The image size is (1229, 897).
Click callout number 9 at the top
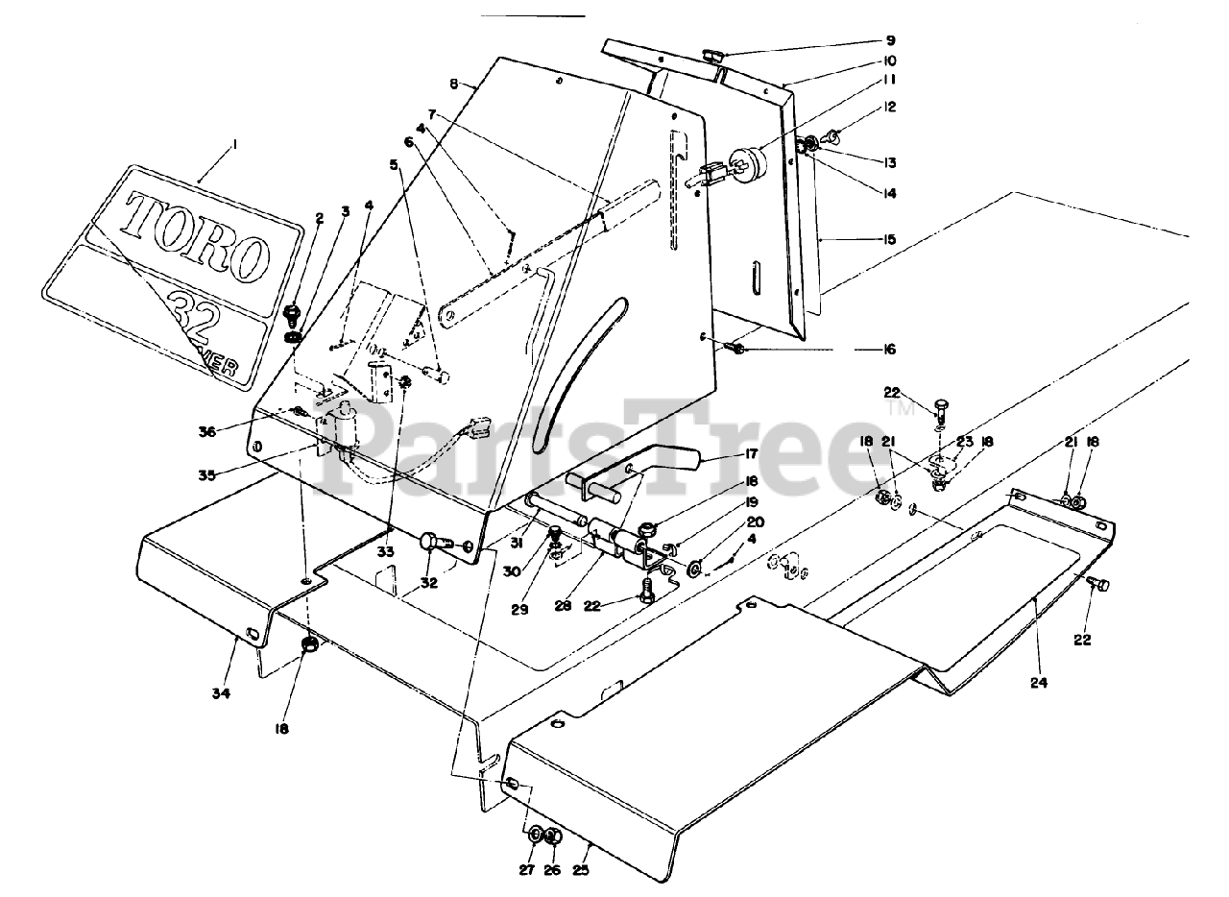(x=890, y=41)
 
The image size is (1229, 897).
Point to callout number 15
(x=890, y=238)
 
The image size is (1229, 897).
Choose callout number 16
(x=890, y=349)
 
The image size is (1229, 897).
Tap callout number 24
(x=1038, y=684)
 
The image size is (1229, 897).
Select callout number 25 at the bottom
(x=580, y=871)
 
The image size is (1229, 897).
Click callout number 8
(x=467, y=83)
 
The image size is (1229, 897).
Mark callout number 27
(x=525, y=871)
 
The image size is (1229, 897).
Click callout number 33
(x=386, y=552)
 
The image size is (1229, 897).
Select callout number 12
(x=890, y=107)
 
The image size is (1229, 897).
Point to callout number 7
(x=433, y=114)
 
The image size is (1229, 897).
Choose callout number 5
(x=393, y=163)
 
